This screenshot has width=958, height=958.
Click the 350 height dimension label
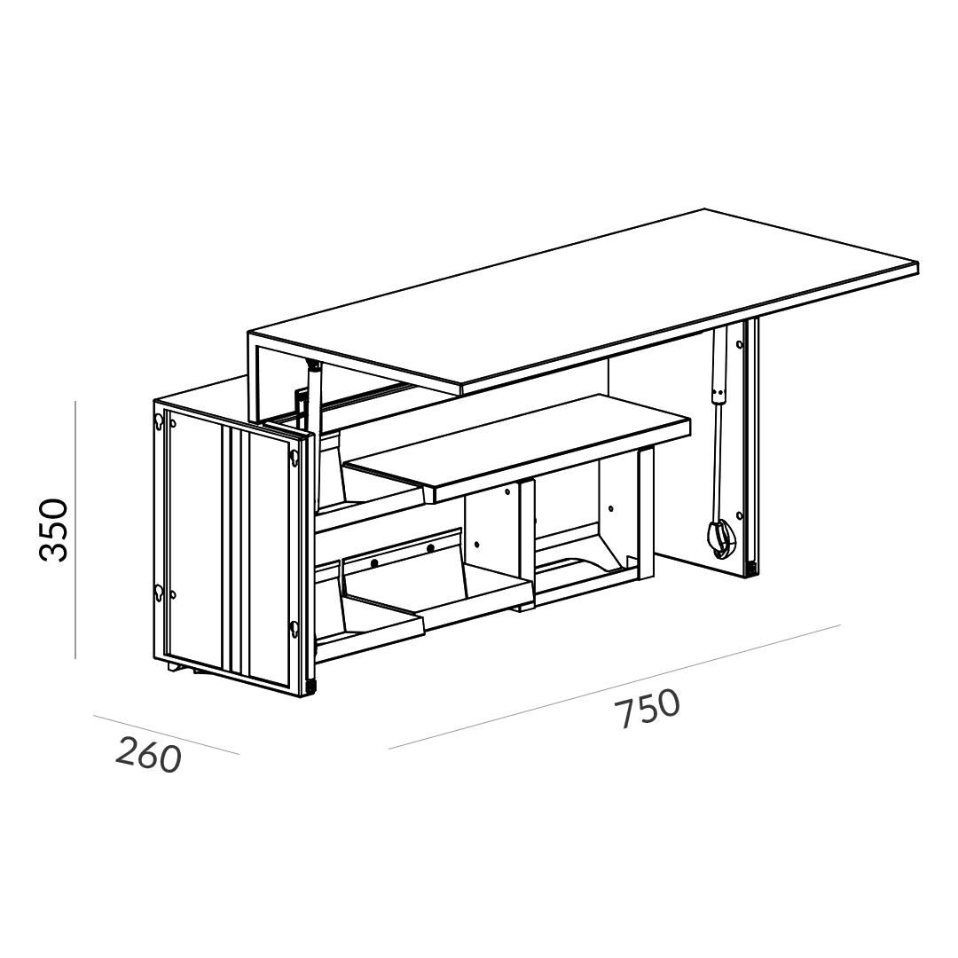(53, 530)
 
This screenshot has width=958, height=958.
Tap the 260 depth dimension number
(148, 755)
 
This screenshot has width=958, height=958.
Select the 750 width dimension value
(647, 709)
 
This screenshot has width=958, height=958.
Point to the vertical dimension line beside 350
(75, 529)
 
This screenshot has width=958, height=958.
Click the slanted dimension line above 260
(166, 734)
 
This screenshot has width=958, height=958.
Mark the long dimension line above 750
(615, 686)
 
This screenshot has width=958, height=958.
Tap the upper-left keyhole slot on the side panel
(159, 421)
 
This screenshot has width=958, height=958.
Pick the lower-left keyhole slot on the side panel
(159, 592)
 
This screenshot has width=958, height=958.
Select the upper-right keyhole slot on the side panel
(294, 459)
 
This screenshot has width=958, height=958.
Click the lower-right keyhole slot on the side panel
(294, 628)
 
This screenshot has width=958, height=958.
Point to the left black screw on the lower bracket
(374, 562)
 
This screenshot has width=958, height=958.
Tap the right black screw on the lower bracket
(431, 549)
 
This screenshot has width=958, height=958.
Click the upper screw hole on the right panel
(740, 345)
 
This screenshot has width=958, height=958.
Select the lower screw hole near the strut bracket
(740, 516)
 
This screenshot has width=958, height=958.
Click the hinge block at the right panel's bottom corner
(752, 569)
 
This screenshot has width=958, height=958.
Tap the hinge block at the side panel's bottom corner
(313, 687)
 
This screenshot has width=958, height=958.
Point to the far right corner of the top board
(918, 263)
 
